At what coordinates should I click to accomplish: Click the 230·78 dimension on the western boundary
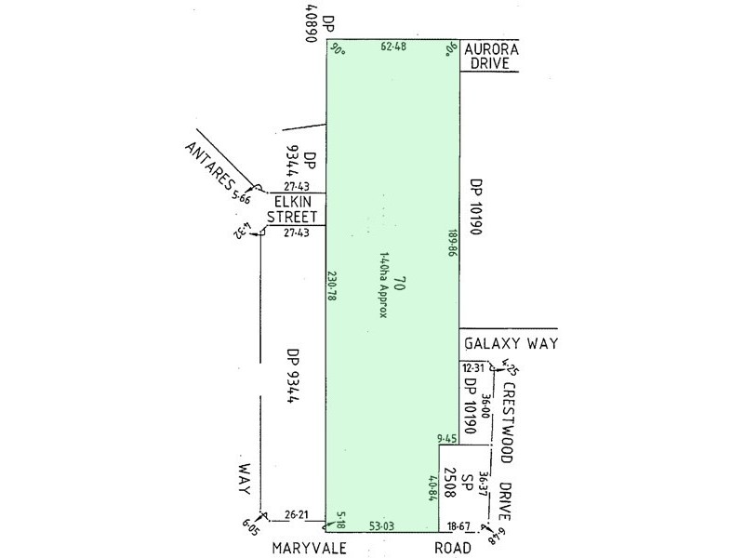click(331, 286)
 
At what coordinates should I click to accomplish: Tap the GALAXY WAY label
click(509, 344)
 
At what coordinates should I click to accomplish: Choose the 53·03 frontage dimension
click(381, 525)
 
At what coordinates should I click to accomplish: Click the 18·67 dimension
click(458, 525)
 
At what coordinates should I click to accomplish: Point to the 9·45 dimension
click(448, 438)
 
